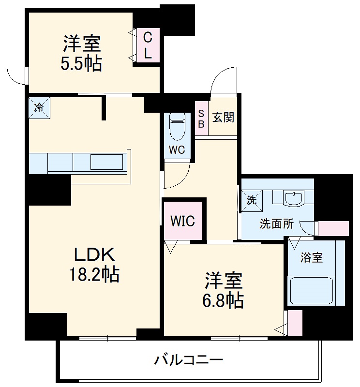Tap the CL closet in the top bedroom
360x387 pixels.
coord(148,45)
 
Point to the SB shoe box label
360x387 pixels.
coord(201,119)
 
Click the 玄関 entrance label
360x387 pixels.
coord(223,117)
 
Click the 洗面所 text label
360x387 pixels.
coord(277,224)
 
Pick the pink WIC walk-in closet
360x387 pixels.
coord(182,222)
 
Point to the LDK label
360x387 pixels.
coord(93,254)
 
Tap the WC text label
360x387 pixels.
coord(177,150)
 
